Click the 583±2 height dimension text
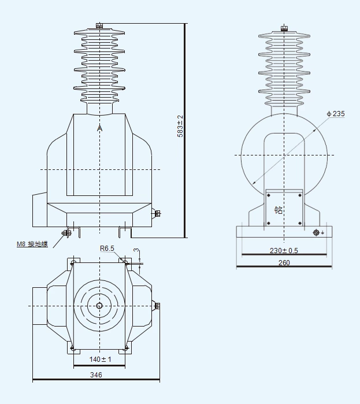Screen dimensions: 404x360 point(180,126)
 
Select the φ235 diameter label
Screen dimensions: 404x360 point(335,114)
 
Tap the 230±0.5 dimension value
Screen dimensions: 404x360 point(284,250)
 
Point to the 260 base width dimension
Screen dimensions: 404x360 point(284,262)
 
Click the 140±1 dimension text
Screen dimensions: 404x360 point(100,359)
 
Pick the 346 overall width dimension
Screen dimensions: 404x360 point(96,375)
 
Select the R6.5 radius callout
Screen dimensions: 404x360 point(107,249)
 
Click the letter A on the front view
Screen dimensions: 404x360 point(99,128)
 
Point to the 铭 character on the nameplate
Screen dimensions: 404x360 point(279,210)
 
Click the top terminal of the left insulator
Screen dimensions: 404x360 point(99,25)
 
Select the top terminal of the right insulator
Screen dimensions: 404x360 point(283,28)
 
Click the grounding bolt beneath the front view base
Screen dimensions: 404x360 point(66,233)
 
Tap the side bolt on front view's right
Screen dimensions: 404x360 point(157,214)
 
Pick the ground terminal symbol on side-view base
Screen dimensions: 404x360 point(316,232)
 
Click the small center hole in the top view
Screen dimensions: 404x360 point(99,306)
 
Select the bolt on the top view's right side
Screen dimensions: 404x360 point(157,305)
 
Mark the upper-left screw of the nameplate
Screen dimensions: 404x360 point(268,195)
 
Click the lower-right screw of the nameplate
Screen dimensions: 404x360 point(299,223)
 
